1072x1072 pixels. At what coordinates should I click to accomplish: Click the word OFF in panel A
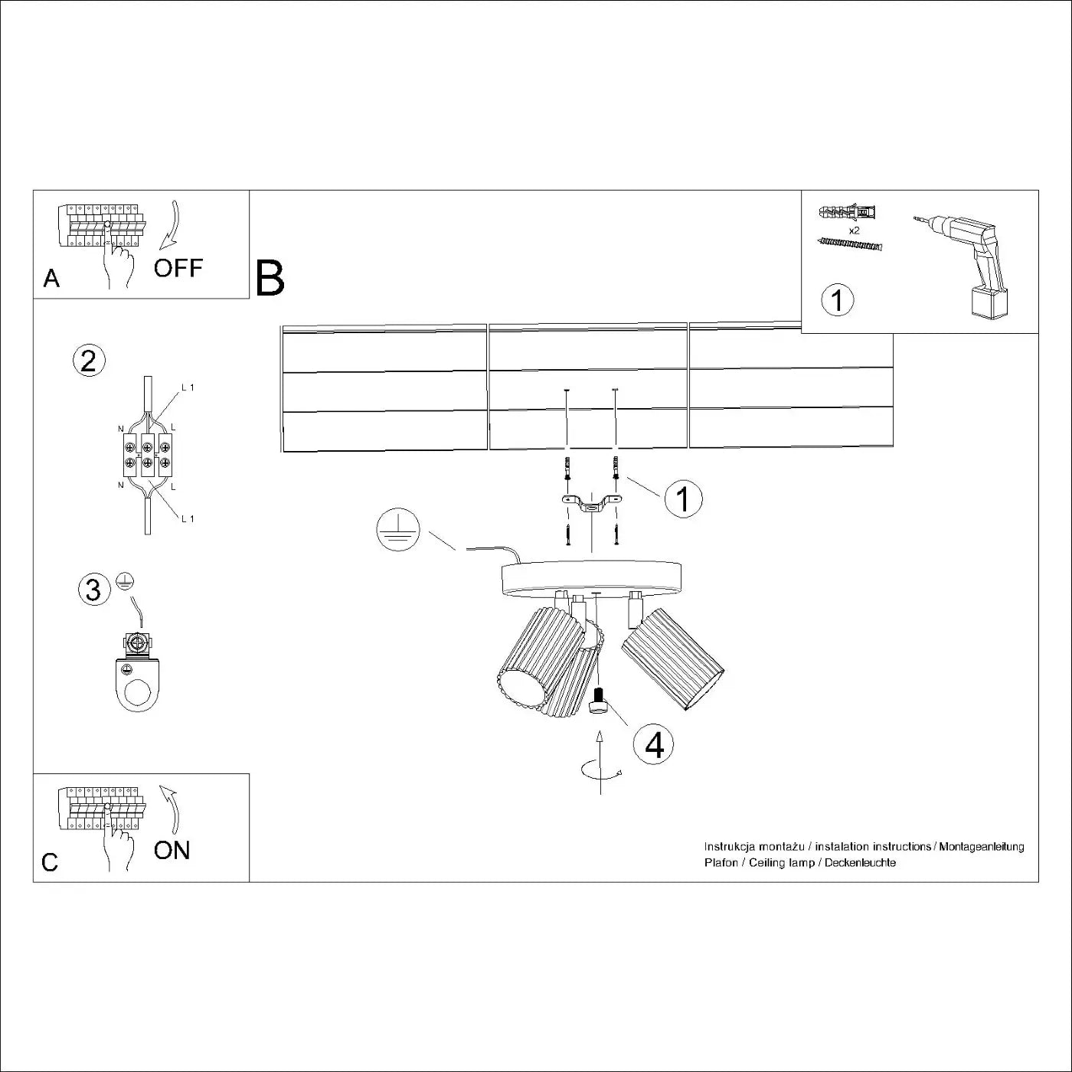pos(178,268)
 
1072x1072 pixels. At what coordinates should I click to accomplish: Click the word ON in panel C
pos(172,850)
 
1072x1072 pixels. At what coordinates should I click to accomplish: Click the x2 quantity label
pos(855,230)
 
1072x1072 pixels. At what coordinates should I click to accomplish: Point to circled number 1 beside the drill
pos(837,299)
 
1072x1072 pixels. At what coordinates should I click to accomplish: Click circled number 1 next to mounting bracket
pos(683,499)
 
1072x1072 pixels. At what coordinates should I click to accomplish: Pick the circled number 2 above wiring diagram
pos(88,360)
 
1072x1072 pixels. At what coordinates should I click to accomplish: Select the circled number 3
pos(93,590)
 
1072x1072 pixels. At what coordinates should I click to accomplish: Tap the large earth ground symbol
pos(398,531)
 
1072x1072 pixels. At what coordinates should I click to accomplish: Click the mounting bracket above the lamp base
pos(592,503)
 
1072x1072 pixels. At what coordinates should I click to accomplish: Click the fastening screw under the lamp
pos(599,700)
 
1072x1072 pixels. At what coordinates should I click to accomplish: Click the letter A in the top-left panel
pos(51,278)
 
